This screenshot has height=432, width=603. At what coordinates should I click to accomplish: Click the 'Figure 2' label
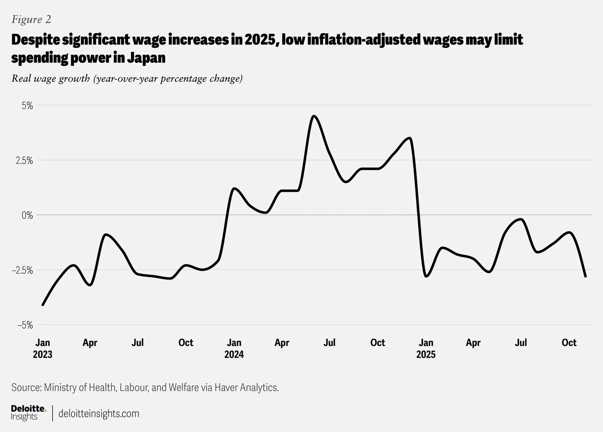click(31, 19)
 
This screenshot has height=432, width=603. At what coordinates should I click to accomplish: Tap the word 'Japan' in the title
click(146, 58)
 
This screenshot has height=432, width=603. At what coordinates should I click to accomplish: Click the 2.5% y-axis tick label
click(24, 161)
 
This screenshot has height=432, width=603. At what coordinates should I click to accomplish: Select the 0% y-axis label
click(27, 215)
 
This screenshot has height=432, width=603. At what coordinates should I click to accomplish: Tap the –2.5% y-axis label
click(23, 270)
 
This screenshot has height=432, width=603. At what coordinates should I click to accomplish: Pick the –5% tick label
click(25, 325)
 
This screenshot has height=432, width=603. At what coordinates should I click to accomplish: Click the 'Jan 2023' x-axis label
click(43, 348)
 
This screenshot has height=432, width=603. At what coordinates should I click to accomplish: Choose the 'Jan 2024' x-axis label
click(234, 348)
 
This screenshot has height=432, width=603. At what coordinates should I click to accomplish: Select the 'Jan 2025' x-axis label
click(426, 348)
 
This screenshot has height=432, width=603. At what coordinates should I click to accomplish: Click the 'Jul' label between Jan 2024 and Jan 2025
click(330, 342)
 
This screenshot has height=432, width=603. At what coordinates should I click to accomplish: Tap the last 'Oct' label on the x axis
click(569, 342)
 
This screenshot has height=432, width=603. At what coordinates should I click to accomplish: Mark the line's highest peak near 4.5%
click(314, 116)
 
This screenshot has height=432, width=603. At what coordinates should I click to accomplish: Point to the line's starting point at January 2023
click(43, 305)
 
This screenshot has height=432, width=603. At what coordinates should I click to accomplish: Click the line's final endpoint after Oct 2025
click(585, 276)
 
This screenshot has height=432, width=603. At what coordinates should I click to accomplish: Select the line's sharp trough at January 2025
click(426, 276)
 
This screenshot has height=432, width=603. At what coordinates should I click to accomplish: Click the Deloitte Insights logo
click(29, 413)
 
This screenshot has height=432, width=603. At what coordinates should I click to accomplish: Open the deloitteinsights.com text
click(99, 414)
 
